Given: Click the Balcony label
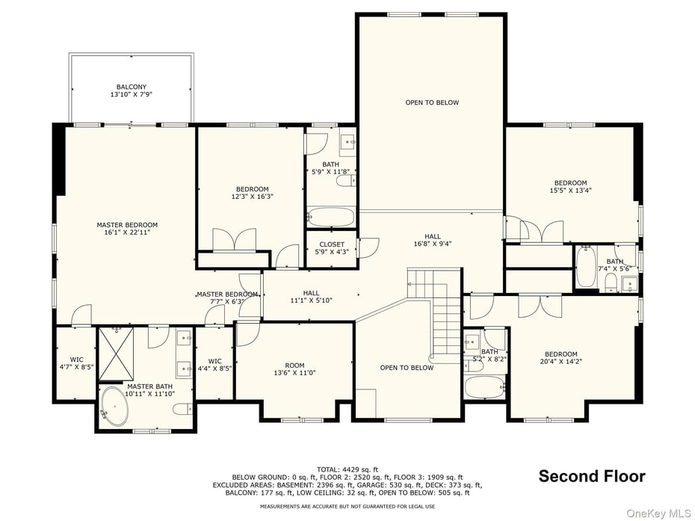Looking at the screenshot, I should click(x=131, y=91).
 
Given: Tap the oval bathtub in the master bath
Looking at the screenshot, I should click(x=114, y=406).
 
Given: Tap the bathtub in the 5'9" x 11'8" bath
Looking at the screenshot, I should click(x=331, y=218).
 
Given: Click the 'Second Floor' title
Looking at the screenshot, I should click(x=592, y=476).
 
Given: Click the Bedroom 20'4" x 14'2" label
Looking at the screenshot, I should click(x=560, y=358).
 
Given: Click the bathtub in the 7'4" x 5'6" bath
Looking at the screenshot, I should click(x=587, y=268).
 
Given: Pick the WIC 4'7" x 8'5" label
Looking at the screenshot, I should click(x=76, y=363).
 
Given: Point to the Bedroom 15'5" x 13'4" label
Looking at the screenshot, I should click(x=570, y=187).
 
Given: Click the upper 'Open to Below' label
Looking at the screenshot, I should click(x=432, y=102).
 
